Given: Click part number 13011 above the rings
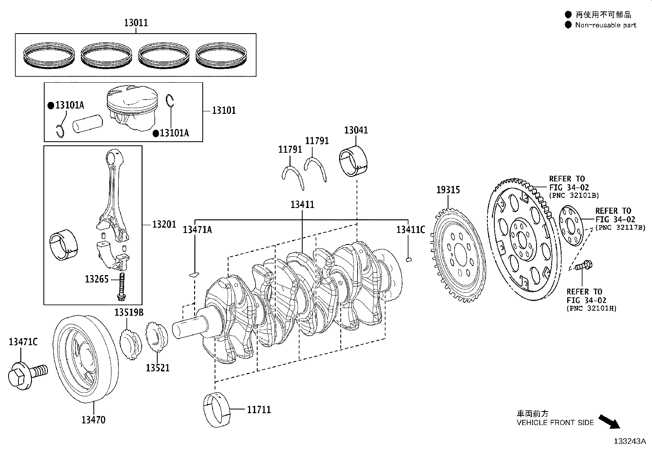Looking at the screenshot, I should click(x=136, y=23).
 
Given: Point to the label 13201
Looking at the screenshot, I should click(x=164, y=224).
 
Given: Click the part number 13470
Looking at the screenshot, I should click(x=93, y=420).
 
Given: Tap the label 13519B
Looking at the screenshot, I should click(x=129, y=313).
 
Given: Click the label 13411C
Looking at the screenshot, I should click(x=410, y=230).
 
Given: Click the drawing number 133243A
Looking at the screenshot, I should click(x=629, y=441).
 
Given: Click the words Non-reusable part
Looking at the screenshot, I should click(x=606, y=25).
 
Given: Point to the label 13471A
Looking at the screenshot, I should click(x=197, y=230).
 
